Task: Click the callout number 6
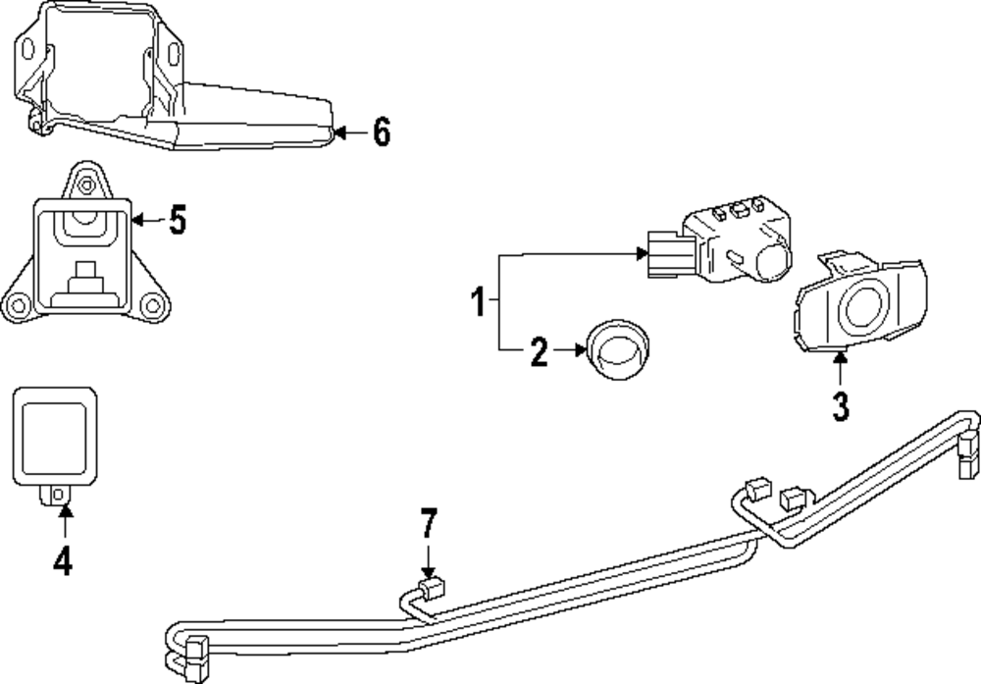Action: pos(382,132)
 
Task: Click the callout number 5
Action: pos(177,221)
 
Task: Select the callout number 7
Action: pos(427,526)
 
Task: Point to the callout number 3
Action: pos(840,406)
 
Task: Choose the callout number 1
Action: pos(478,301)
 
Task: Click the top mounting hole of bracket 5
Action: pos(86,184)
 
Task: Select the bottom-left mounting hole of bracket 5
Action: pos(17,305)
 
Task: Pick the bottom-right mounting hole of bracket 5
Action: pos(151,305)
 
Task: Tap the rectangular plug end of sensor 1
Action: pos(663,256)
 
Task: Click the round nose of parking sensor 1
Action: pos(774,260)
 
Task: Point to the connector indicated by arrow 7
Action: pos(432,589)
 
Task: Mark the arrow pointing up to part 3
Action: pos(840,370)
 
